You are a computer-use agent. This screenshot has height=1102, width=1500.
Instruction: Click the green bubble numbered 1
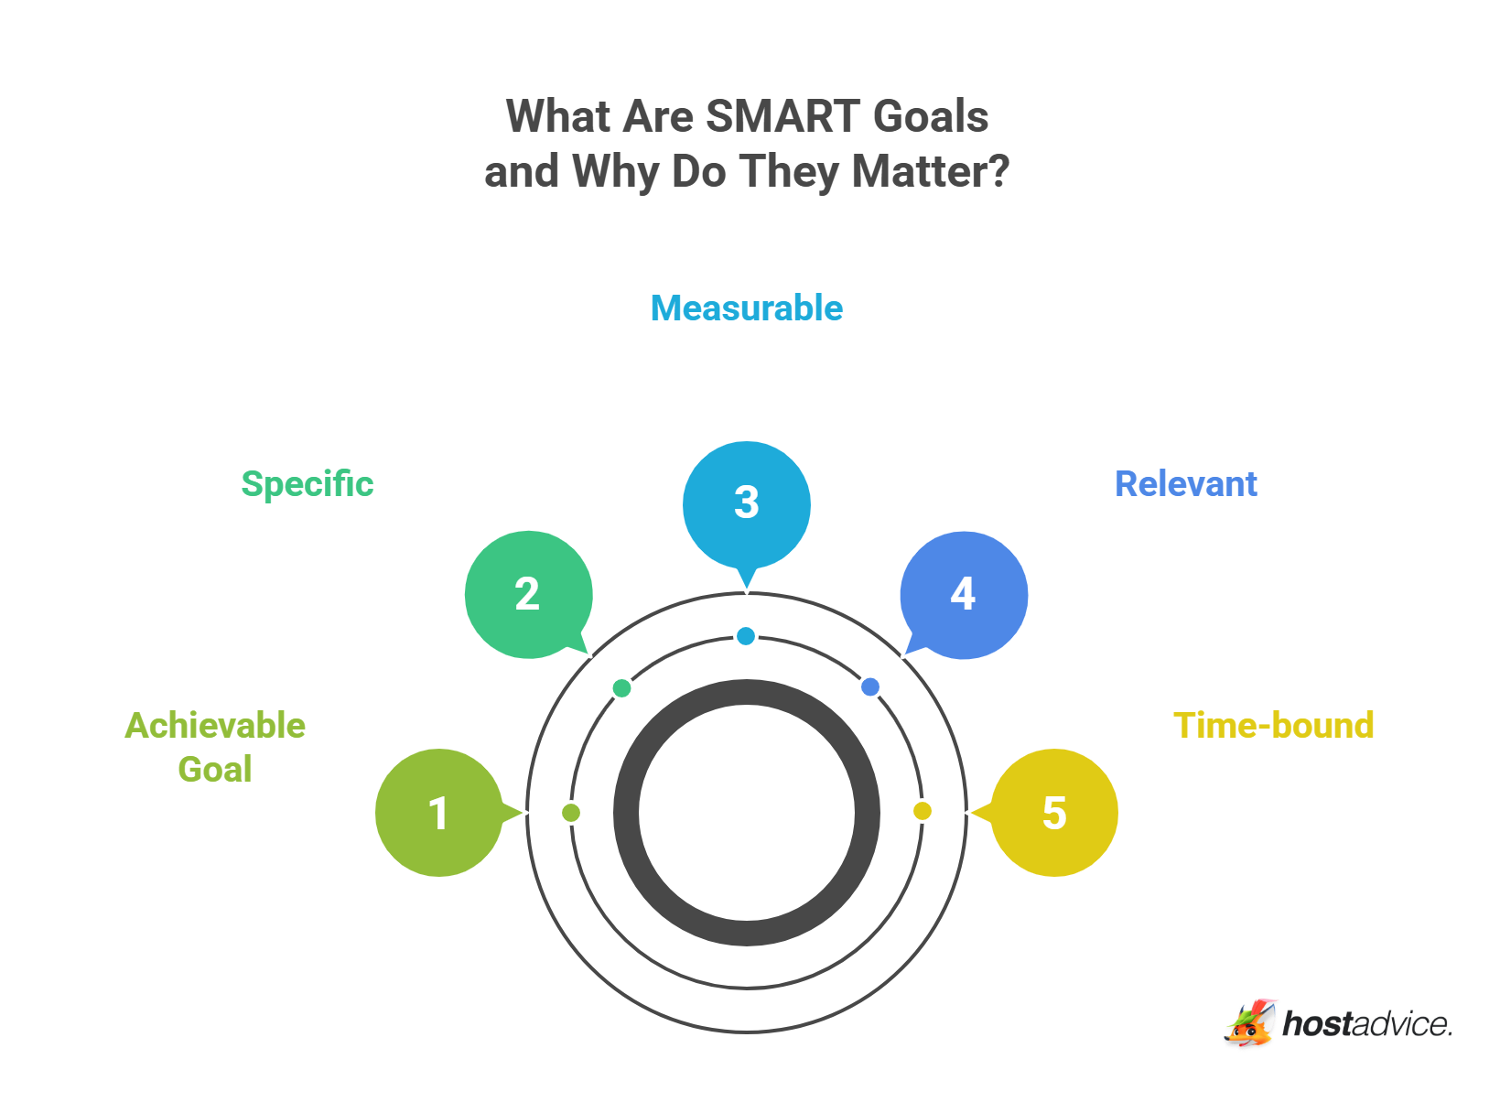[439, 813]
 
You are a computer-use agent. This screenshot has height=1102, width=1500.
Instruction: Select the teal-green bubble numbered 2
[528, 595]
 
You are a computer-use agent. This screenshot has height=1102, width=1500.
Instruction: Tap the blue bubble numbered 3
[747, 503]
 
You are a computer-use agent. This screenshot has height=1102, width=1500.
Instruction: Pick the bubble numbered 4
[964, 595]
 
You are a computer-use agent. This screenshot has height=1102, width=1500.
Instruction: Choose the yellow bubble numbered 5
[1054, 813]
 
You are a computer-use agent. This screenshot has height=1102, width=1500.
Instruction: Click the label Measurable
[747, 308]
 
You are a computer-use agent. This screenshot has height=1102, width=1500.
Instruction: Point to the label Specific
[308, 484]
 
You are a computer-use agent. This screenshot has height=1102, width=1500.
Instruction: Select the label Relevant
[1186, 484]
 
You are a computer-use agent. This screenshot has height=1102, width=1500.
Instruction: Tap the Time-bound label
[1274, 726]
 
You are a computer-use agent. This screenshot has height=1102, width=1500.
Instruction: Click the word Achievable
[215, 726]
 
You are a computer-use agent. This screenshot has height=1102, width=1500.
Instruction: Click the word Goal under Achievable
[215, 770]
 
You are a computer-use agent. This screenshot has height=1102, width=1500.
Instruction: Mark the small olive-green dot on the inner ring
[571, 813]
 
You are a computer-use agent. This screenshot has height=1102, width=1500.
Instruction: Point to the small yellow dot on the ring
[923, 811]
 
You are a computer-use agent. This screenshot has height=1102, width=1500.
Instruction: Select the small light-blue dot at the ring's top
[746, 636]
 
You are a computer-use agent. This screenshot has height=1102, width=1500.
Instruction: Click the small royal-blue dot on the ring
[870, 687]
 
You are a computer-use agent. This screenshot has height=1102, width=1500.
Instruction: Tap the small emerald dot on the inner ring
[622, 688]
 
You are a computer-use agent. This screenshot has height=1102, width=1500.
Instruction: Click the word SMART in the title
[783, 117]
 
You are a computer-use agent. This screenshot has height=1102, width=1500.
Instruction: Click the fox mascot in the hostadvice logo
[1250, 1023]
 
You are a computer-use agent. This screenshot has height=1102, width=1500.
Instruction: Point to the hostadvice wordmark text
[1367, 1024]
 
